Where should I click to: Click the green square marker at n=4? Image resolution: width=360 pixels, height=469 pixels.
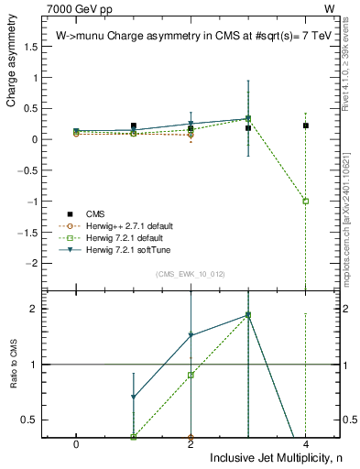click(x=305, y=201)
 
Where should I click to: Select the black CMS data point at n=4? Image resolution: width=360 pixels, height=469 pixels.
click(x=305, y=125)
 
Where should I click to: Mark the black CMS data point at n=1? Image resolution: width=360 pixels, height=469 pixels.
click(x=134, y=125)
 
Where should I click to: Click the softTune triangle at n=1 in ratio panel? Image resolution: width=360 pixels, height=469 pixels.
click(x=134, y=397)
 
